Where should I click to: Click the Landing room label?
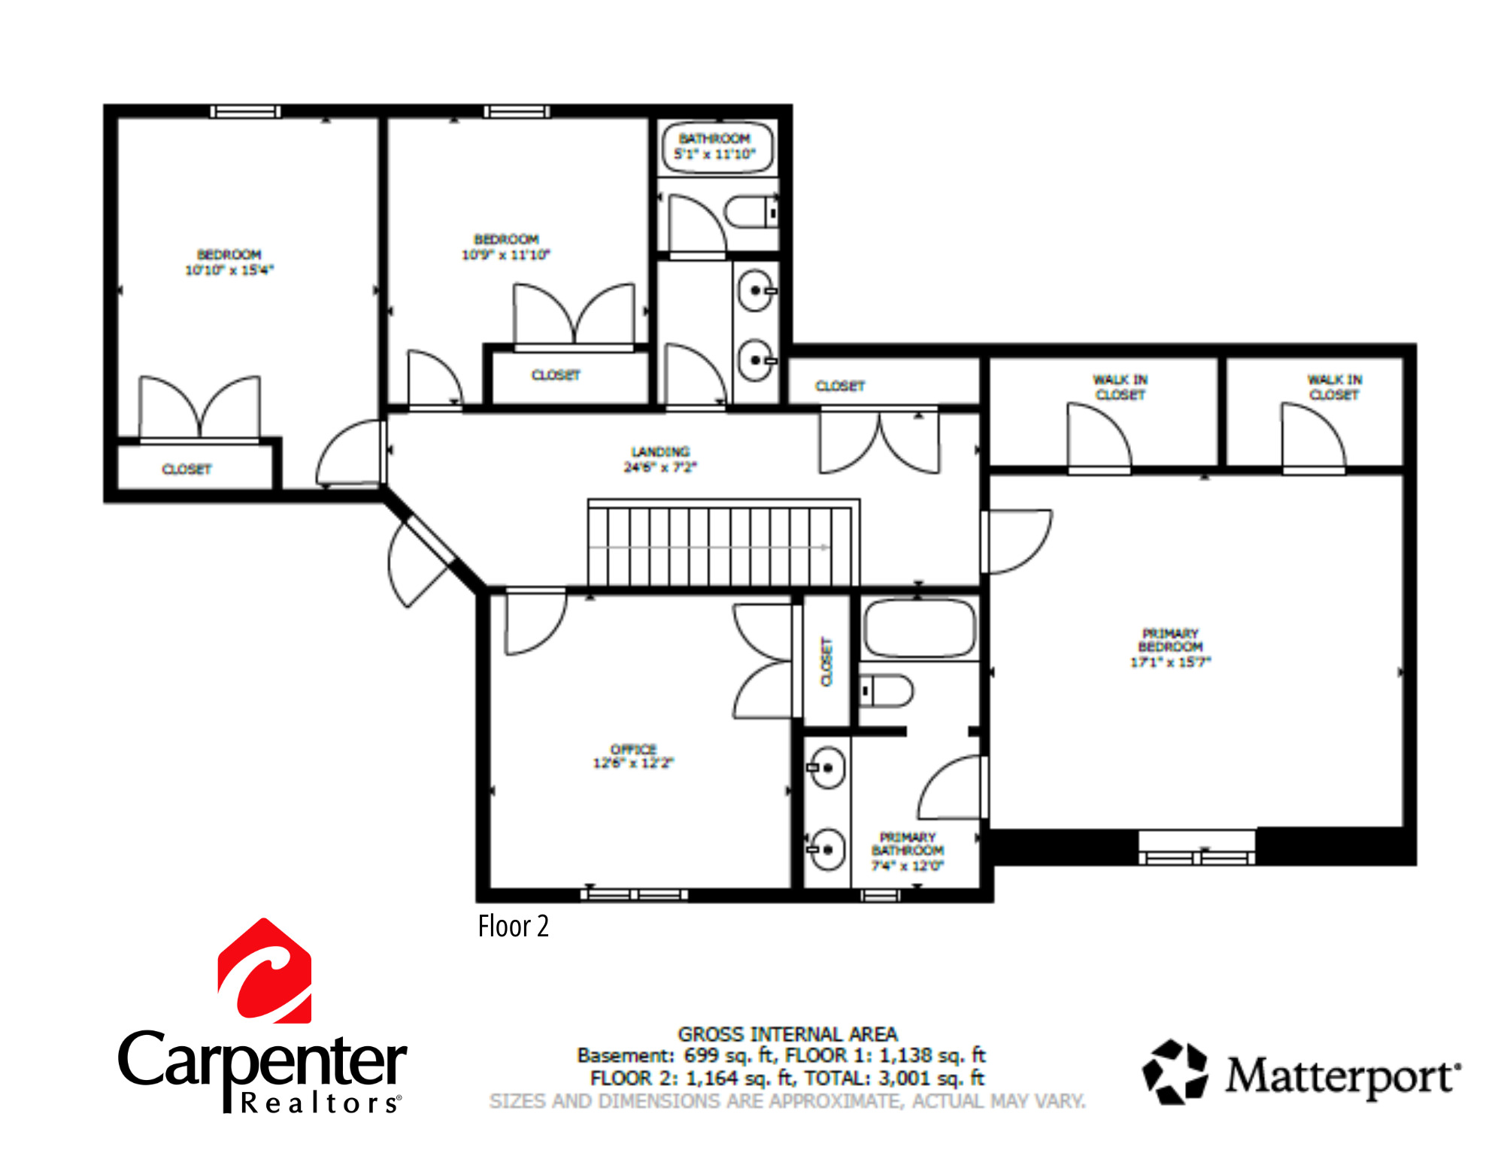pyautogui.click(x=660, y=459)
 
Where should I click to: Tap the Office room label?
pyautogui.click(x=633, y=756)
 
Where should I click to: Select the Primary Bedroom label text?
pyautogui.click(x=1170, y=647)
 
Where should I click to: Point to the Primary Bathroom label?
pyautogui.click(x=908, y=851)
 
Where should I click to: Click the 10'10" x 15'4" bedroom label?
pyautogui.click(x=229, y=262)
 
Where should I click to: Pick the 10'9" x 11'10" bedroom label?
pyautogui.click(x=505, y=247)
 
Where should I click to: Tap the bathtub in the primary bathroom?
pyautogui.click(x=919, y=628)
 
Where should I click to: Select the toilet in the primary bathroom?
pyautogui.click(x=887, y=690)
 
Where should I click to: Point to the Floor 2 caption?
pyautogui.click(x=513, y=927)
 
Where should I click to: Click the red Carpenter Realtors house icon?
pyautogui.click(x=265, y=971)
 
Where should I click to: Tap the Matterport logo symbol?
pyautogui.click(x=1175, y=1072)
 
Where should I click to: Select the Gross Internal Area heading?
pyautogui.click(x=787, y=1034)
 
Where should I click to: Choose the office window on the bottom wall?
pyautogui.click(x=634, y=894)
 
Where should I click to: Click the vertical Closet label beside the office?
pyautogui.click(x=826, y=662)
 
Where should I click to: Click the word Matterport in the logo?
pyautogui.click(x=1342, y=1076)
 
